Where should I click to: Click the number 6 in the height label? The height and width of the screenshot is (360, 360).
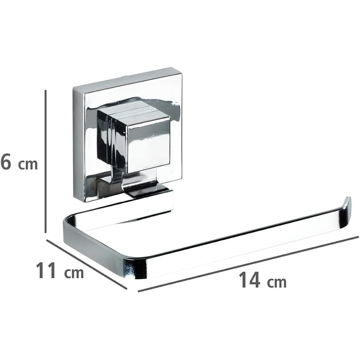point(6,161)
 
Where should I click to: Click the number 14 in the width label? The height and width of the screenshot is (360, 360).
point(250,279)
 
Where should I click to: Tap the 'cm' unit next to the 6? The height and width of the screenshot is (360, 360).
point(28,165)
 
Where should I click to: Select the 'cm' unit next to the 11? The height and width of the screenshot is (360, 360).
point(74,273)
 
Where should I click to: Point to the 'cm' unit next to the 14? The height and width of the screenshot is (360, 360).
point(277,282)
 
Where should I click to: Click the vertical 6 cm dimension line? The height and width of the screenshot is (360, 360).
point(46,161)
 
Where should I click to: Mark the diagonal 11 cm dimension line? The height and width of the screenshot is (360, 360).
point(86,264)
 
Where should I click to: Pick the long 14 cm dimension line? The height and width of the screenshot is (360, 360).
point(248,264)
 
